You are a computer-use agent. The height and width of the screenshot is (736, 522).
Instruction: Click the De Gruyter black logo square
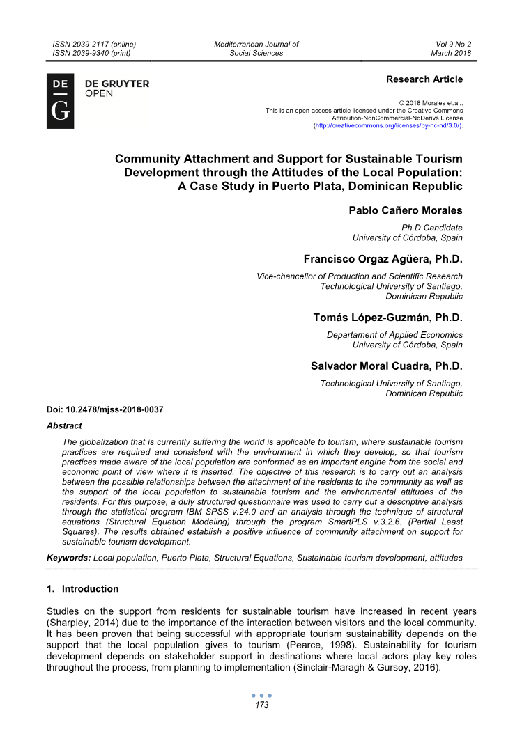(60, 100)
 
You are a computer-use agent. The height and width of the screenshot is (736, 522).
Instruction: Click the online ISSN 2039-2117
(94, 44)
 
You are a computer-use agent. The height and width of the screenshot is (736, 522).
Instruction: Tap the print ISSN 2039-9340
(91, 53)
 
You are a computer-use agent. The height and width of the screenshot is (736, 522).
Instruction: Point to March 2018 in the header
(451, 53)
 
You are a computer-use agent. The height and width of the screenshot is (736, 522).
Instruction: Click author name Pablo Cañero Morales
(406, 211)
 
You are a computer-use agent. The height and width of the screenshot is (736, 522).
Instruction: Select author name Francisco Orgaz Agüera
(383, 260)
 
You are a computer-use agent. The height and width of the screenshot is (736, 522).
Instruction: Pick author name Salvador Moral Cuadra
(385, 366)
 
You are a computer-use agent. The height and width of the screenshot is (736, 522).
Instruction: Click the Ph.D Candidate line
(432, 228)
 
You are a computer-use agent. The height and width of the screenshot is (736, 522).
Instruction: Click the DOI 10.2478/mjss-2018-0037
(105, 409)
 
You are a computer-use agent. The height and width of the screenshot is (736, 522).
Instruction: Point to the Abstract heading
(64, 425)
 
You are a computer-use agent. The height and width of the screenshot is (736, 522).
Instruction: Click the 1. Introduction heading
(82, 589)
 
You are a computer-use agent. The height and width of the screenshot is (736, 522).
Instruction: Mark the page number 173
(261, 705)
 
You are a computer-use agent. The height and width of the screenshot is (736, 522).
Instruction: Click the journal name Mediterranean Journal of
(256, 44)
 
